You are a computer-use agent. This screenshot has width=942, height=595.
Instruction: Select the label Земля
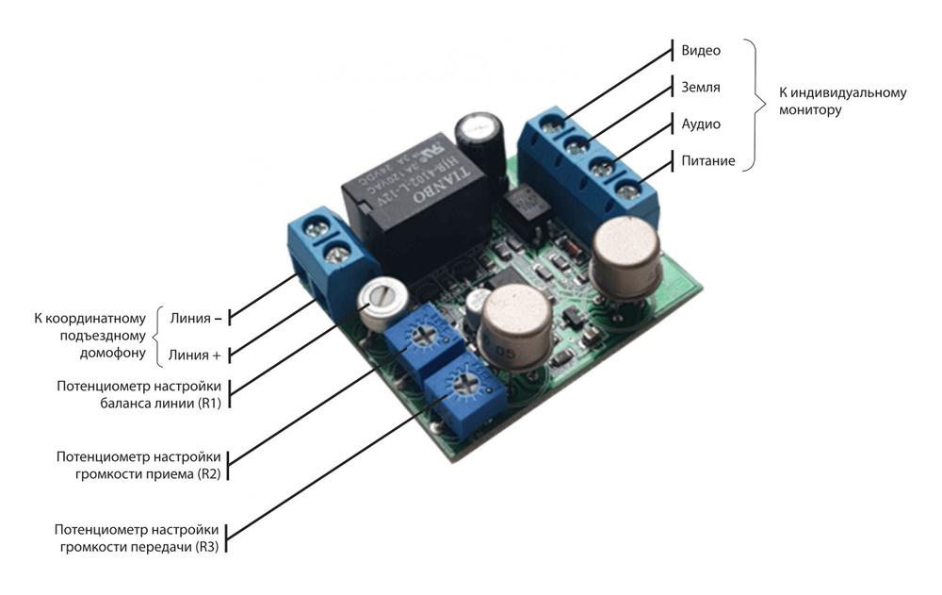pos(700,87)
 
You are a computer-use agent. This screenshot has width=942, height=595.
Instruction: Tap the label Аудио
pos(700,124)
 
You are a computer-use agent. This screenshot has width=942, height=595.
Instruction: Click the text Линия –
pos(196,319)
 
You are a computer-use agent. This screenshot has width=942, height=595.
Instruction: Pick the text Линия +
pos(196,355)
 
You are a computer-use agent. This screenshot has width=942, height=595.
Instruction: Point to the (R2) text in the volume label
pos(208,474)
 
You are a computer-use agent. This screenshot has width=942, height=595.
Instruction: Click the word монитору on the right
pos(810,110)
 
